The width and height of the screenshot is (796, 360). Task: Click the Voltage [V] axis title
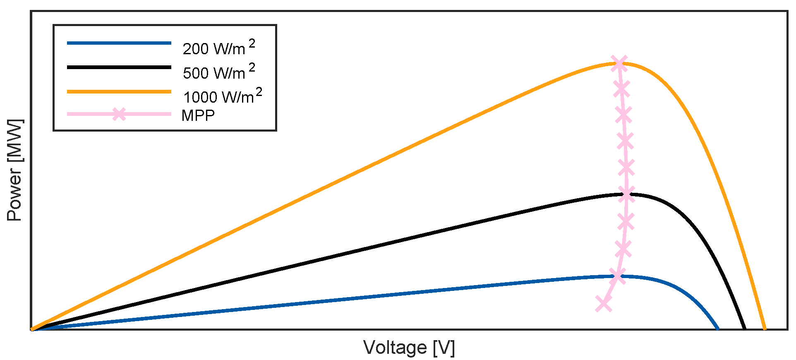[409, 347]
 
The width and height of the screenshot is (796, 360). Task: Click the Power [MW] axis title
[15, 170]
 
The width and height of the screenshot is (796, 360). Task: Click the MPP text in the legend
[198, 115]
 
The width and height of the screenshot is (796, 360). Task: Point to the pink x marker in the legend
[119, 114]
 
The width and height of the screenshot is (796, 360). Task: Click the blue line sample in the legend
[119, 43]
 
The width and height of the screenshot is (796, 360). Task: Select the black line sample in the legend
[119, 67]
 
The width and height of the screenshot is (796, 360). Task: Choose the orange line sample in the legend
[119, 91]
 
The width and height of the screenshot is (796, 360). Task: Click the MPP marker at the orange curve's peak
[619, 63]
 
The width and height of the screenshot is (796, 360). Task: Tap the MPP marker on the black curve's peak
[627, 194]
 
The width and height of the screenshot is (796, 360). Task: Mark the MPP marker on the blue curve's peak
[618, 276]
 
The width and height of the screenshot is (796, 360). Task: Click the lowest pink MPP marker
[604, 304]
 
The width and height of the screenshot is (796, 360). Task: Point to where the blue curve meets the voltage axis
[717, 329]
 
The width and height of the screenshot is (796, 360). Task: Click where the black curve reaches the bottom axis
[745, 329]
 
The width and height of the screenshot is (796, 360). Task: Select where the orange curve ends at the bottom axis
[765, 329]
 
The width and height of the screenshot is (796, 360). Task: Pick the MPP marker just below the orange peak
[621, 89]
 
